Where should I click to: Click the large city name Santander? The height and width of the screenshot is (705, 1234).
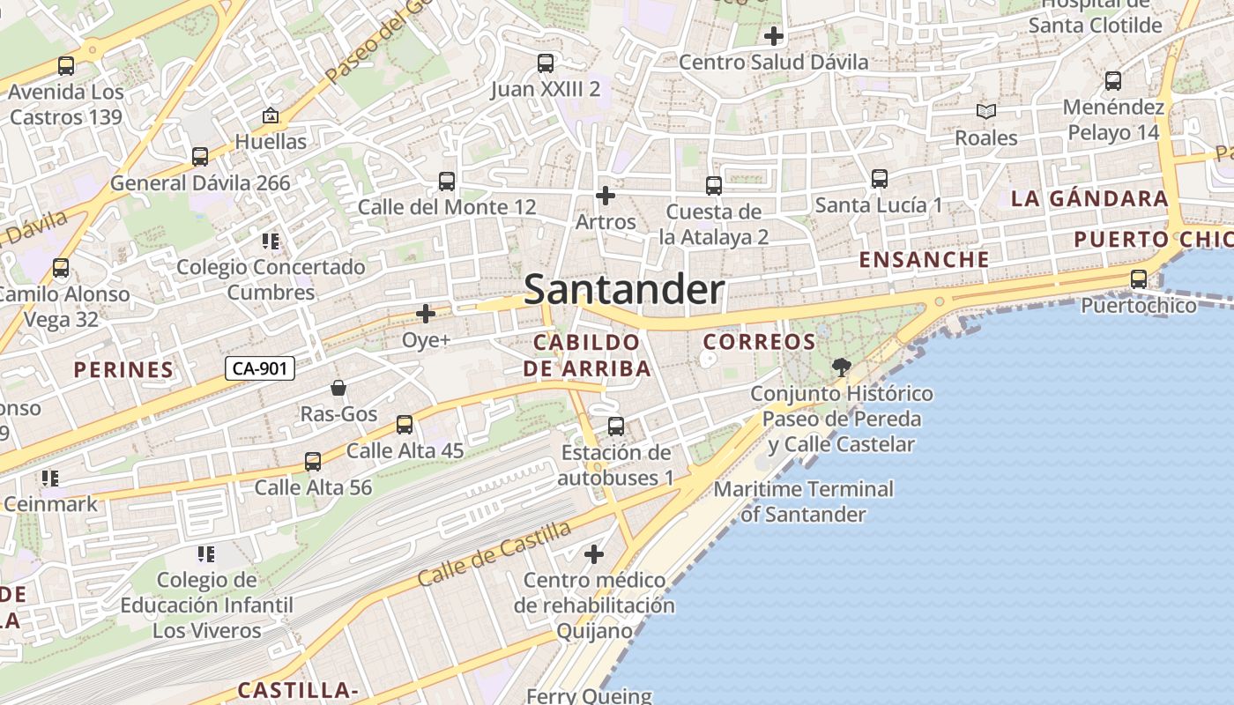(624, 290)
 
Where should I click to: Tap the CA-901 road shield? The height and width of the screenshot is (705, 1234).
(259, 368)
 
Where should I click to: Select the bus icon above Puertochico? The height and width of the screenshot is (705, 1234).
(1139, 280)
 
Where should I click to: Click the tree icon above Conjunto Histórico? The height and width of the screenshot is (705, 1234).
(842, 367)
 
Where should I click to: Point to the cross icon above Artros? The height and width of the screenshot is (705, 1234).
(605, 196)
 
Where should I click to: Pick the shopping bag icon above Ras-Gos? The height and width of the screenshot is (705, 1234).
(338, 388)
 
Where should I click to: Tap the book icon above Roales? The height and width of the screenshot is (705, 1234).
(985, 112)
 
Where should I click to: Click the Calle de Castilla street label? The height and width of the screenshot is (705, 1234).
(494, 553)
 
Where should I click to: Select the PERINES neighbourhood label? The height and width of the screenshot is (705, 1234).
(123, 369)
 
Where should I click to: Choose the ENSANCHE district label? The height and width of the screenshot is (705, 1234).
(924, 259)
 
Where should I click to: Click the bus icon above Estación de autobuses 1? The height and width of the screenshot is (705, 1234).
(616, 427)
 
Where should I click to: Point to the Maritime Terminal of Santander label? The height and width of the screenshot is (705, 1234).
(803, 501)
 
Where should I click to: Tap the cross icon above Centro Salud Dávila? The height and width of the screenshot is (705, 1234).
(773, 36)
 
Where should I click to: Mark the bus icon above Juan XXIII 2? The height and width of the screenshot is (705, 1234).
(546, 63)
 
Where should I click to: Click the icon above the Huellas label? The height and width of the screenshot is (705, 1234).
(271, 115)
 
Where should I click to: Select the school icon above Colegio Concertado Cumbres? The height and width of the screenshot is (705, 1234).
(271, 241)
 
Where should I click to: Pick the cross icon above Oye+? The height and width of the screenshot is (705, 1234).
(426, 313)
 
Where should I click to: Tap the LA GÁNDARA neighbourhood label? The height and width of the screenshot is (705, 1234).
(1089, 198)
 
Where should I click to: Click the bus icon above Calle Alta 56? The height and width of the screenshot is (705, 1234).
(313, 461)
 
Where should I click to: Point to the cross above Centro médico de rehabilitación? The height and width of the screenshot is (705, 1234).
(594, 554)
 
